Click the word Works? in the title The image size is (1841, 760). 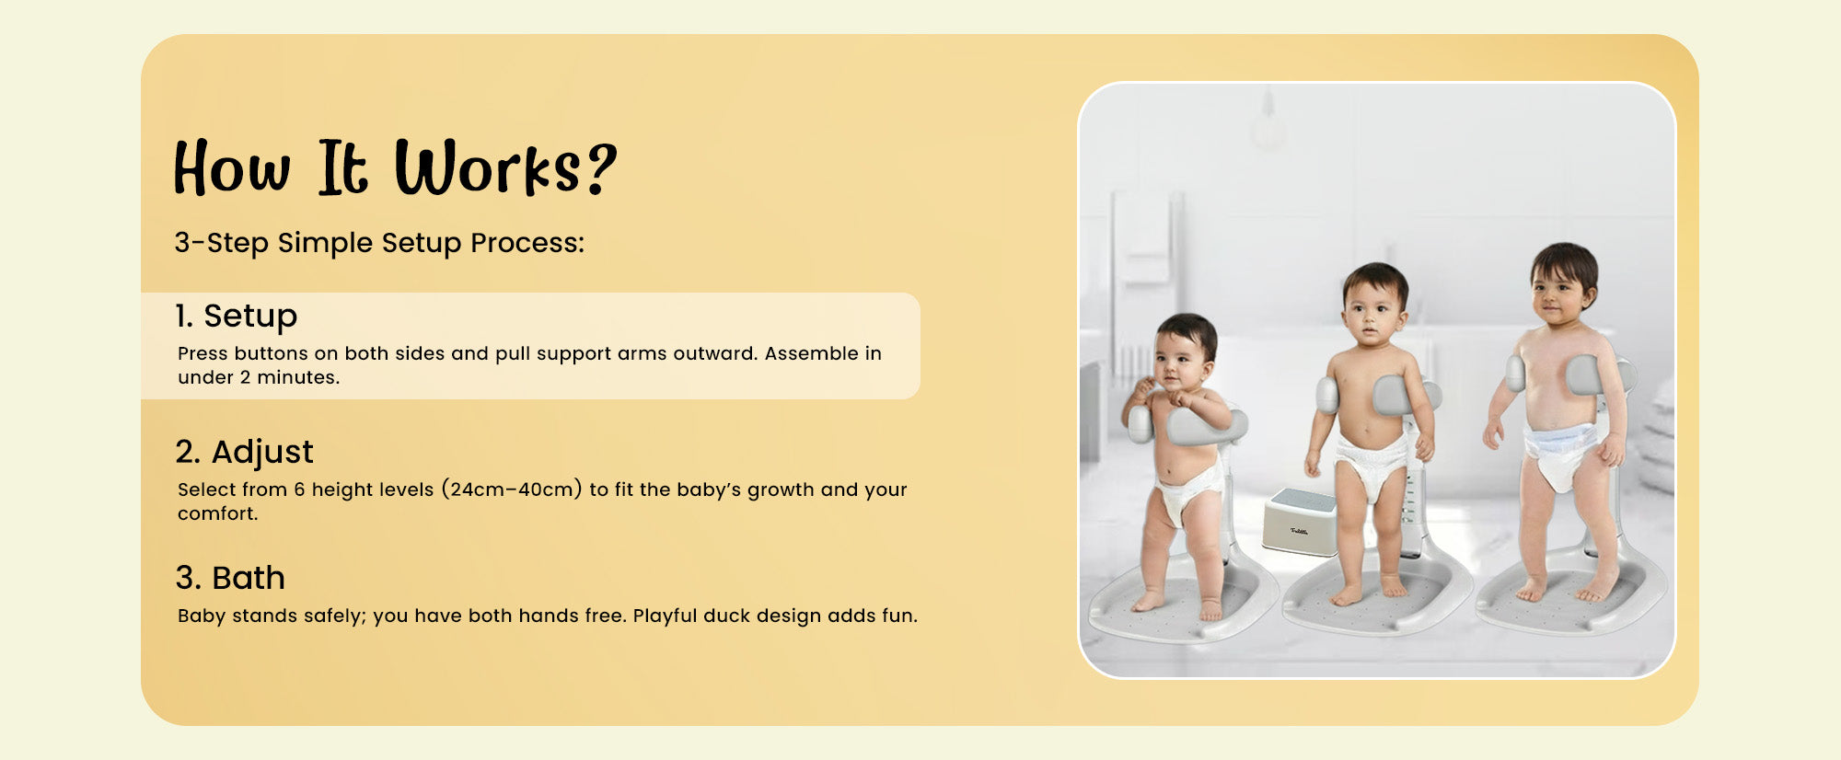pos(505,167)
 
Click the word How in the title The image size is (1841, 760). pos(232,167)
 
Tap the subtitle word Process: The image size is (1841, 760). pos(527,243)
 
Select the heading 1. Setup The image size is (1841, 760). pos(237,316)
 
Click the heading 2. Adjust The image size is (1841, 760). pos(244,452)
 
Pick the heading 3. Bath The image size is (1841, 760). pos(230,578)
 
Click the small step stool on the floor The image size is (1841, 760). pos(1300,523)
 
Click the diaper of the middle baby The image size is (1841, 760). pos(1372,464)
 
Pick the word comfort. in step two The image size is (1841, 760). pos(218,513)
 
